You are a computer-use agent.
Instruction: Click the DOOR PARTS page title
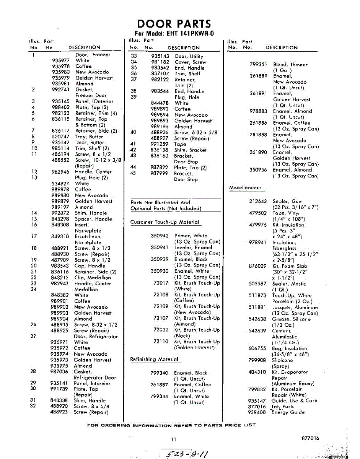coord(174,24)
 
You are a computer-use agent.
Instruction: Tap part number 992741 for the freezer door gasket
coord(60,90)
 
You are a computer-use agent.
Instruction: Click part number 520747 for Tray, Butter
coord(60,137)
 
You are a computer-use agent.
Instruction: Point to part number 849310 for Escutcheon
coord(60,236)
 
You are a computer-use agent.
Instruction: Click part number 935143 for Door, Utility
coord(160,56)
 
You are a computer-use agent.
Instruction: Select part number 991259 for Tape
coord(160,144)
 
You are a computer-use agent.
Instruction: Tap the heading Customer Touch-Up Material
coord(165,222)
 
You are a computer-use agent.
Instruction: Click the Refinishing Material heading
coord(154,360)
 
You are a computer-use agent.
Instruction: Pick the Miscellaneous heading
coord(245,188)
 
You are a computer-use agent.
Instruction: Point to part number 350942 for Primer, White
coord(160,236)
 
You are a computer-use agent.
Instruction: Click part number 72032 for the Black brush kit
coord(161,330)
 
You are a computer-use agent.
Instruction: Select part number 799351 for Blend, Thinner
coord(258,65)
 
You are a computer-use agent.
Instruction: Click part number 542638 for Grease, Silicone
coord(257,319)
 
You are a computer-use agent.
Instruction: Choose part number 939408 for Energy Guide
coord(257,412)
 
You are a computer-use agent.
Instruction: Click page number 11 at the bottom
coord(173,440)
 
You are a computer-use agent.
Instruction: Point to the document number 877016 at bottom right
coord(310,438)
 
